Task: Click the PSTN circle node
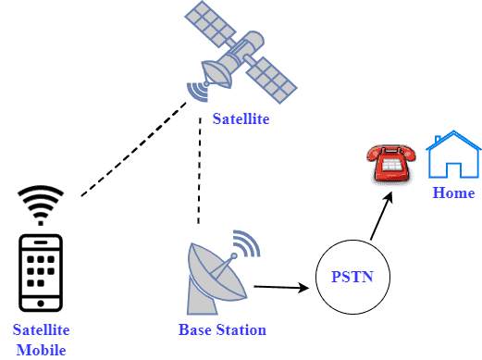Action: click(352, 277)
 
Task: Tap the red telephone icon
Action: click(389, 164)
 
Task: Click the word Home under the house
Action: click(453, 193)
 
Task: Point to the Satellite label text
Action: click(241, 118)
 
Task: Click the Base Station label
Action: click(222, 329)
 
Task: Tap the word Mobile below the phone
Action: click(41, 350)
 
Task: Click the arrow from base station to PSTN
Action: click(282, 287)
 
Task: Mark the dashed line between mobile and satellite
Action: click(134, 149)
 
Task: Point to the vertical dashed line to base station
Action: click(199, 171)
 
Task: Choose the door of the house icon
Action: click(453, 169)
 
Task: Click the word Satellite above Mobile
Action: click(41, 330)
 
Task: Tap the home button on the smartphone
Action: click(41, 302)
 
